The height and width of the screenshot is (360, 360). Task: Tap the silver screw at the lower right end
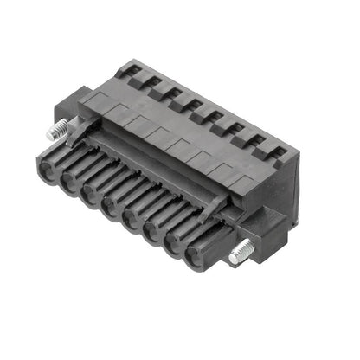(241, 252)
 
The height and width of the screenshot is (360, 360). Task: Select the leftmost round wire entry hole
(48, 163)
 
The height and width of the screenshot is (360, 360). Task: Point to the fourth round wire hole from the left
(111, 210)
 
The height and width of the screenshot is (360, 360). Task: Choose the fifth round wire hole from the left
(132, 227)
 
